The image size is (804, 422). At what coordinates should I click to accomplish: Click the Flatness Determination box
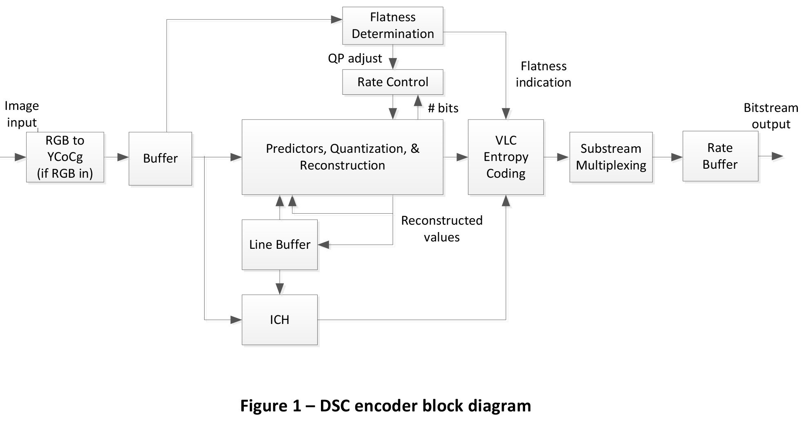[392, 25]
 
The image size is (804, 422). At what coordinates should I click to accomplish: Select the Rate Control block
[392, 82]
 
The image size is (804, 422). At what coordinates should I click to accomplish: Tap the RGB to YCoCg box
[65, 157]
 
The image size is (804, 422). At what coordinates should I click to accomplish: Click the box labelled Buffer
[160, 159]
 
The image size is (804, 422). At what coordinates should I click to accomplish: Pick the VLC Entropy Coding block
[506, 157]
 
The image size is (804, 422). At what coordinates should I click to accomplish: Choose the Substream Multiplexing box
[611, 157]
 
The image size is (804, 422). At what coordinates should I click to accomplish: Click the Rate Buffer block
[720, 156]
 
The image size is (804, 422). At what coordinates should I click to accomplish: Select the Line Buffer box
[280, 245]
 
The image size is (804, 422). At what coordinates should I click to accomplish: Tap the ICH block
[280, 319]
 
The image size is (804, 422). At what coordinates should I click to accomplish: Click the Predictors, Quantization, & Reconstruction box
[342, 157]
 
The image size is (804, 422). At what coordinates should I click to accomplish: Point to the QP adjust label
[355, 58]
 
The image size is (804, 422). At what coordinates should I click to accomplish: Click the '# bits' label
[443, 108]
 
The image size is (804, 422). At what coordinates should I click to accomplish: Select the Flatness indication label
[543, 74]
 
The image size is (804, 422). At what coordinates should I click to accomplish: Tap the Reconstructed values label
[441, 229]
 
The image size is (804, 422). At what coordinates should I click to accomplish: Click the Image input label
[22, 114]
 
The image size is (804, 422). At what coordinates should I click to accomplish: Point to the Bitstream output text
[771, 116]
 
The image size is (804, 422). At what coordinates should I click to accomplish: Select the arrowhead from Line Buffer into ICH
[280, 289]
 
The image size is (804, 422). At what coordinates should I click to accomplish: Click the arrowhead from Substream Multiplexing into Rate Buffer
[677, 157]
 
